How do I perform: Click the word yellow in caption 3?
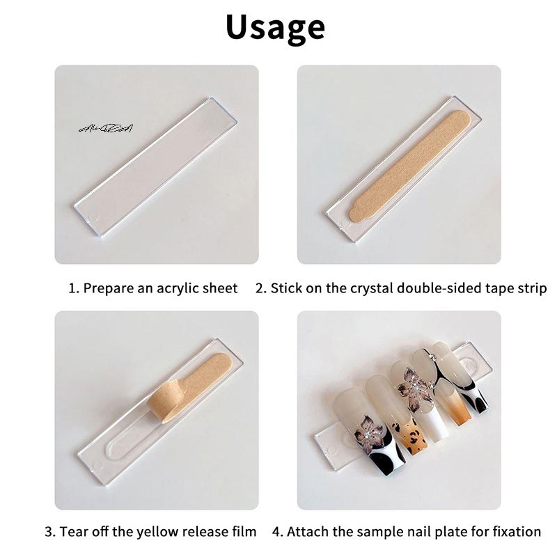[x=157, y=531]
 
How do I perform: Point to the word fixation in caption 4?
[x=516, y=531]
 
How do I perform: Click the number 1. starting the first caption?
[x=74, y=288]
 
